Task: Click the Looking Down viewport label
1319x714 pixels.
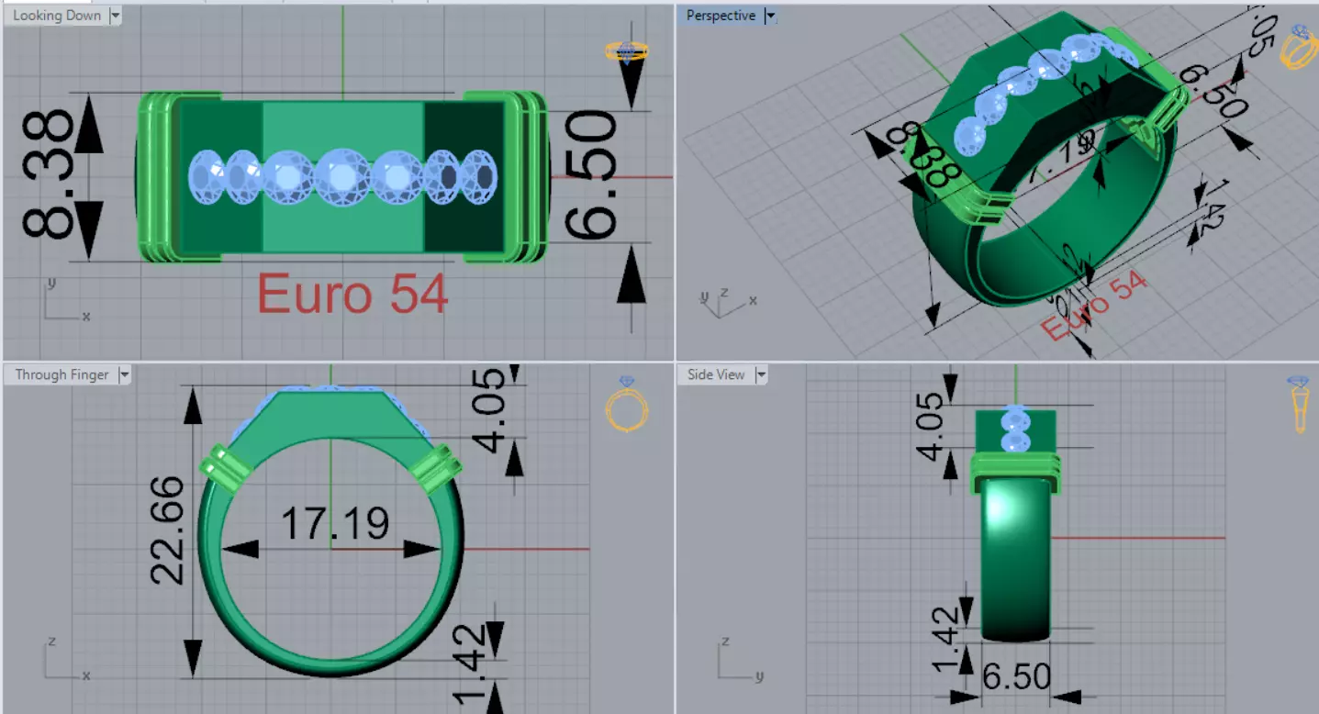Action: click(56, 16)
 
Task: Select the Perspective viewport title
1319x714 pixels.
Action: click(721, 16)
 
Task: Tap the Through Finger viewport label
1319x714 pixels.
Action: click(61, 374)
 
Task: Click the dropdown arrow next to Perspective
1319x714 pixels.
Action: click(770, 16)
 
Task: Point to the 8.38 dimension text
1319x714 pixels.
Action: click(48, 175)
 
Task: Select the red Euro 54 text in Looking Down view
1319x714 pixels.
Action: click(352, 295)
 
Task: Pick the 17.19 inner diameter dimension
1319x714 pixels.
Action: click(334, 524)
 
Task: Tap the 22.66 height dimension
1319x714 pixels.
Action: click(169, 531)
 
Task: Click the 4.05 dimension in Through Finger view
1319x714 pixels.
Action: click(490, 411)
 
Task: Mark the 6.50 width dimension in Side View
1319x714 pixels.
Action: click(1016, 677)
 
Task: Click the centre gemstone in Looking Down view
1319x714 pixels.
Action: click(342, 175)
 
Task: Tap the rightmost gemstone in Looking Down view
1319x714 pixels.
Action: click(479, 173)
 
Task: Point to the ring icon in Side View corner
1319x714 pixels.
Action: click(1298, 403)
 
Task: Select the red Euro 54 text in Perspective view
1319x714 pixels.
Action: click(1094, 307)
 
